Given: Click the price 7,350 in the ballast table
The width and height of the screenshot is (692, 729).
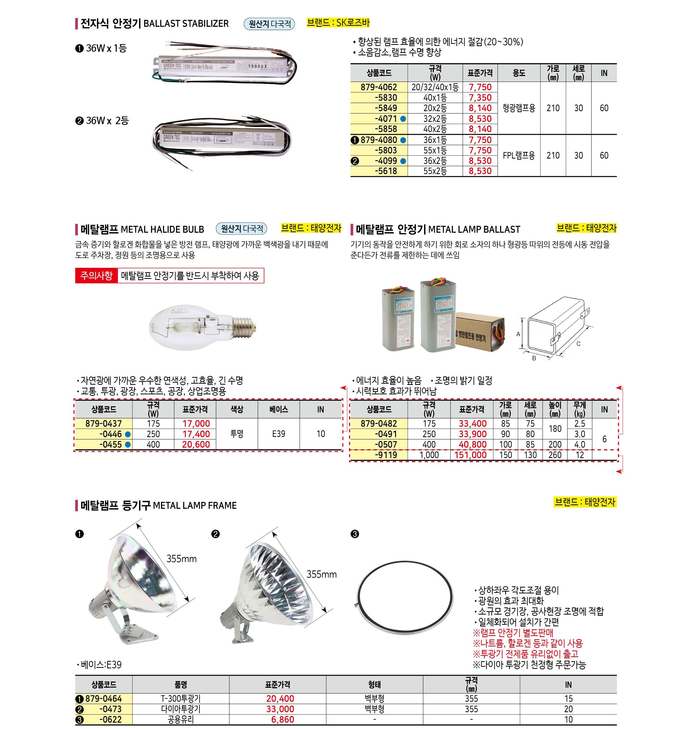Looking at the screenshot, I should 480,98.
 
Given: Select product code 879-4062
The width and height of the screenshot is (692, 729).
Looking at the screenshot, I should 379,87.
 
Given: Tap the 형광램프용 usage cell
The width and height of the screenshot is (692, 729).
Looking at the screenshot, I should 519,108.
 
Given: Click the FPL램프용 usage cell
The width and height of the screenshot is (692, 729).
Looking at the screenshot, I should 519,155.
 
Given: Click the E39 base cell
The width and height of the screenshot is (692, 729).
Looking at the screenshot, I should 278,434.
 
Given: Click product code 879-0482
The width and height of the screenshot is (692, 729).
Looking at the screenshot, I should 379,423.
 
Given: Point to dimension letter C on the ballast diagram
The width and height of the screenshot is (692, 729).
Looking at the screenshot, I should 578,344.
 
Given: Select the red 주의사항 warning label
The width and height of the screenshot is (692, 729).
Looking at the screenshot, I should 96,276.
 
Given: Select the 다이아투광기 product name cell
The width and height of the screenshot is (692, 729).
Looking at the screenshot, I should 180,708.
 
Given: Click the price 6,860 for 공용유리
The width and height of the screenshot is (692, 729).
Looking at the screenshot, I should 282,719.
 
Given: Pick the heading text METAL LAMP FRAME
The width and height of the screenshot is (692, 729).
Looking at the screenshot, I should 194,505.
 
